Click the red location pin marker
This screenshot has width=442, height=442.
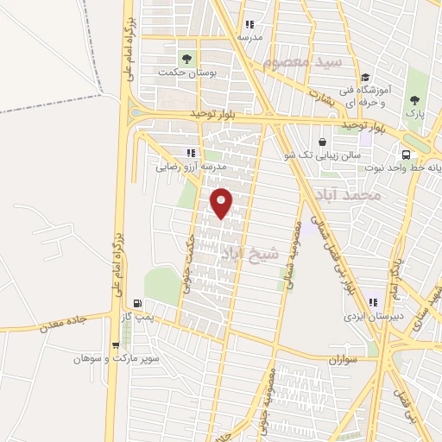pos(222,202)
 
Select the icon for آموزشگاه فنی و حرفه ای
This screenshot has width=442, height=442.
pos(365,77)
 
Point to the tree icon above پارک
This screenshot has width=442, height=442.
pos(415,100)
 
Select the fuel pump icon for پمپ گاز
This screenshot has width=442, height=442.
pos(137,304)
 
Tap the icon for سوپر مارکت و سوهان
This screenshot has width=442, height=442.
pos(114,344)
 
